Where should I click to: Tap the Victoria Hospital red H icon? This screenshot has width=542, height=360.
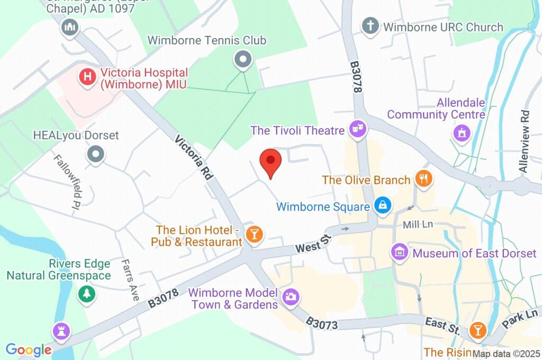pyautogui.click(x=87, y=77)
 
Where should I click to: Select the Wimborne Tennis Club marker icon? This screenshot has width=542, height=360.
pyautogui.click(x=242, y=60)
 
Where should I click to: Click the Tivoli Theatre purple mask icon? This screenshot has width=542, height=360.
pyautogui.click(x=358, y=129)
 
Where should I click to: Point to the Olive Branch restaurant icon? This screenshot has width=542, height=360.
pyautogui.click(x=423, y=179)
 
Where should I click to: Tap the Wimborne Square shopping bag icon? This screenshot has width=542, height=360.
pyautogui.click(x=382, y=205)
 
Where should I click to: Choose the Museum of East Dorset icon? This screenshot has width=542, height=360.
pyautogui.click(x=400, y=252)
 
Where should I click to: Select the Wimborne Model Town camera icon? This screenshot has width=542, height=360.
pyautogui.click(x=290, y=297)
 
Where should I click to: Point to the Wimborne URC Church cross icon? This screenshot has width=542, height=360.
pyautogui.click(x=371, y=26)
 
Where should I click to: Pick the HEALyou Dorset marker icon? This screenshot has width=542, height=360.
pyautogui.click(x=96, y=155)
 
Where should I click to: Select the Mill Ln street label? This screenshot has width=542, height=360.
pyautogui.click(x=418, y=224)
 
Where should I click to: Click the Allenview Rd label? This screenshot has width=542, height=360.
pyautogui.click(x=523, y=141)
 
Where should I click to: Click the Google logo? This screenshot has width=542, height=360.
pyautogui.click(x=28, y=350)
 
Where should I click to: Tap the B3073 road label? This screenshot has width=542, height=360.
pyautogui.click(x=322, y=323)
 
